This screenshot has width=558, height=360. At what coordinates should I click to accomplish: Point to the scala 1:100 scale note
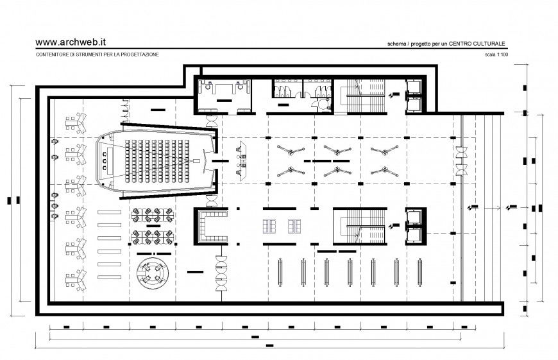[x=497, y=55]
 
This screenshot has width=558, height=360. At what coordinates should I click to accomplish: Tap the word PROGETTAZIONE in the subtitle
[x=137, y=55]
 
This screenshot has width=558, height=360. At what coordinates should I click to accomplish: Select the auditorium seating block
[x=156, y=160]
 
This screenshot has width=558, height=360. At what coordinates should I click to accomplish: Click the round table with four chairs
[x=153, y=273]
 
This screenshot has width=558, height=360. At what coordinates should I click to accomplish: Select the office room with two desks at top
[x=224, y=94]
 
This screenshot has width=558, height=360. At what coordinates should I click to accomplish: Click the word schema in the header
[x=396, y=44]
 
